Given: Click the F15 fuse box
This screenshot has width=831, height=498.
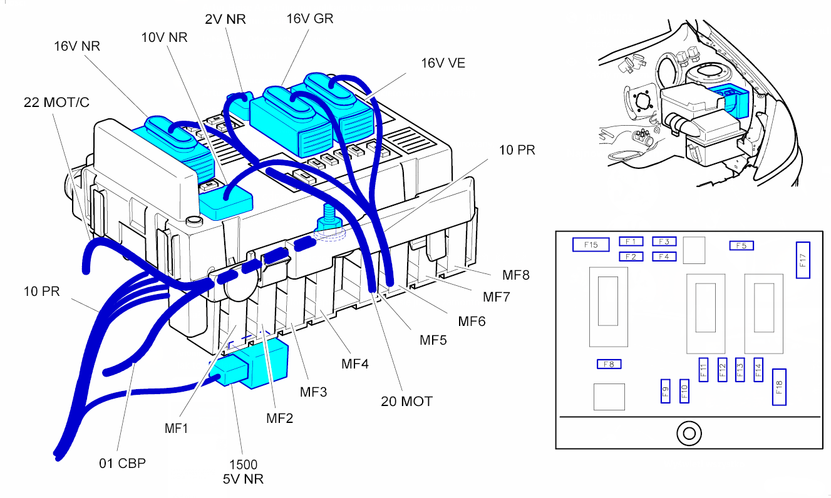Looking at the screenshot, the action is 591,245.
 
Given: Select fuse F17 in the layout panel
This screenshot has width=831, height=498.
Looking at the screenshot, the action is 803,260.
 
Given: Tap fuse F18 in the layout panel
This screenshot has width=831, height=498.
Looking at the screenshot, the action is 779,387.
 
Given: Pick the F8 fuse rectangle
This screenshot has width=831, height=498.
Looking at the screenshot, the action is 609,364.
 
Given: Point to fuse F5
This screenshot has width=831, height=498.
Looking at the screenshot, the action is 741,245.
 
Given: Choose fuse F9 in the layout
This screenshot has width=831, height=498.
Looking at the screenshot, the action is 666,391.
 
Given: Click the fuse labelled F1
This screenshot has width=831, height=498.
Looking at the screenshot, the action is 631,241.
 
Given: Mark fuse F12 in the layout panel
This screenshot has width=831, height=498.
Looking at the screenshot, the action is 722,369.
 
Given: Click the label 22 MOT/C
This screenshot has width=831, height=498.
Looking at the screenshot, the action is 56,102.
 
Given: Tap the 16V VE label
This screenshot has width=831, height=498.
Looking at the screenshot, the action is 443,63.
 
